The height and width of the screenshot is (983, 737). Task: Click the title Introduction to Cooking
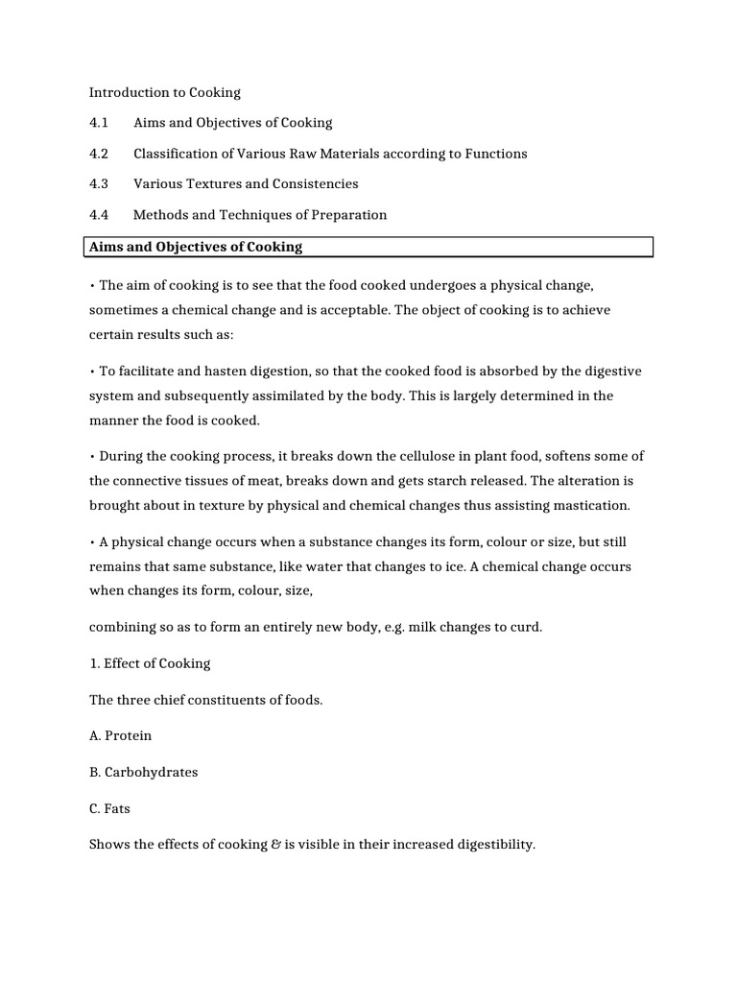pos(165,93)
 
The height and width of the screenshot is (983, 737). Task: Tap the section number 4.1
pos(99,123)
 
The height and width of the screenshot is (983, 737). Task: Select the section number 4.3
pos(99,184)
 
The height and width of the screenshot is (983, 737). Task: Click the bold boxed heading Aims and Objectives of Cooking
pos(196,247)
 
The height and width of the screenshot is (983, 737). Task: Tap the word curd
pos(524,628)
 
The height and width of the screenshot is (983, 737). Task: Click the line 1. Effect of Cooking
pos(150,663)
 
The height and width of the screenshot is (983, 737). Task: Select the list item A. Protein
pos(121,736)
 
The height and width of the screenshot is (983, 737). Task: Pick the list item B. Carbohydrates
pos(144,773)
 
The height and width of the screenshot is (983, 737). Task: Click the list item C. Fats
pos(109,809)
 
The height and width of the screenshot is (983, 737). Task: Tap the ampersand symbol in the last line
pos(276,846)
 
